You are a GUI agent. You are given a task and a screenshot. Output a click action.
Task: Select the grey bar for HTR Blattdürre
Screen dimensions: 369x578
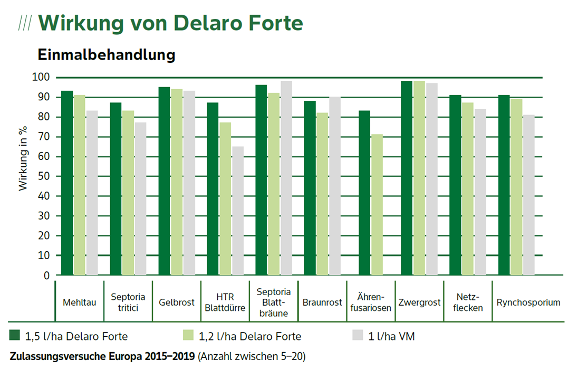pyautogui.click(x=238, y=211)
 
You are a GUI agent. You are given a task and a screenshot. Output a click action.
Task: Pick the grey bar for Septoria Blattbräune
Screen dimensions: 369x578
pyautogui.click(x=286, y=178)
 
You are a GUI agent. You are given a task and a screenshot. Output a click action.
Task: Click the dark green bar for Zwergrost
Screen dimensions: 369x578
pyautogui.click(x=407, y=178)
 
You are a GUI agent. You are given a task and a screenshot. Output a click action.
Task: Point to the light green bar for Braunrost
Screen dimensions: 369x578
pyautogui.click(x=322, y=194)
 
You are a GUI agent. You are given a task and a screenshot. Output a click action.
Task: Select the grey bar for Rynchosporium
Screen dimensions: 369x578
pyautogui.click(x=529, y=195)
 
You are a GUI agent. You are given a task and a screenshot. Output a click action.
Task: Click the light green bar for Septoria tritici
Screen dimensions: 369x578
pyautogui.click(x=128, y=193)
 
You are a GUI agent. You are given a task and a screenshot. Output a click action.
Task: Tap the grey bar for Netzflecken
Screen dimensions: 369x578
pyautogui.click(x=480, y=192)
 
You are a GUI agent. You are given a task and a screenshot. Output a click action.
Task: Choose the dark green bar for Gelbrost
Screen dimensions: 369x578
pyautogui.click(x=164, y=181)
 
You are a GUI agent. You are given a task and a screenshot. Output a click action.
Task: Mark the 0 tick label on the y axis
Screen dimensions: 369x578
pyautogui.click(x=46, y=275)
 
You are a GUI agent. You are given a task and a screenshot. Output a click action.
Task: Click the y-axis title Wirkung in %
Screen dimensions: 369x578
pyautogui.click(x=23, y=162)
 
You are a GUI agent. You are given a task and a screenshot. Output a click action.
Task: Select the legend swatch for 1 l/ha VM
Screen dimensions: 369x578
pyautogui.click(x=358, y=336)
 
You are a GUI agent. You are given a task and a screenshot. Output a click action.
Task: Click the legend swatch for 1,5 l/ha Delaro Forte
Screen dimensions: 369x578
pyautogui.click(x=15, y=336)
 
